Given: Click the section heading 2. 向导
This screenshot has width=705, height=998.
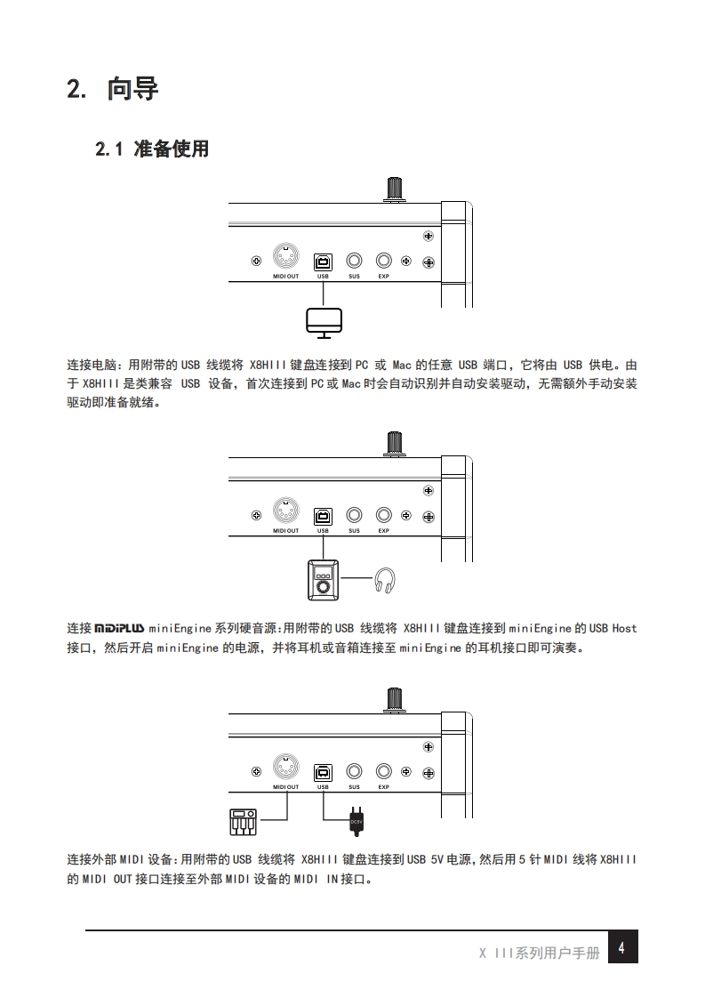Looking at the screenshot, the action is click(112, 90).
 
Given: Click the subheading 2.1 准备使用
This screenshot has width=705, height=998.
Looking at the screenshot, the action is click(151, 149).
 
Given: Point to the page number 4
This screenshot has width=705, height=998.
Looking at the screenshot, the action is click(621, 948).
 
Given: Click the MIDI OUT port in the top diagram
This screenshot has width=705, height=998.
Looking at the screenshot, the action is click(285, 258).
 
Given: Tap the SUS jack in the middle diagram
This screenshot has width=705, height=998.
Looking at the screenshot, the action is click(354, 515).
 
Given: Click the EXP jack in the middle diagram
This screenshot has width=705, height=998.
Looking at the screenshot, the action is click(384, 515).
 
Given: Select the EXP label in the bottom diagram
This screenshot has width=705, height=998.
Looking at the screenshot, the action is click(384, 787).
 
